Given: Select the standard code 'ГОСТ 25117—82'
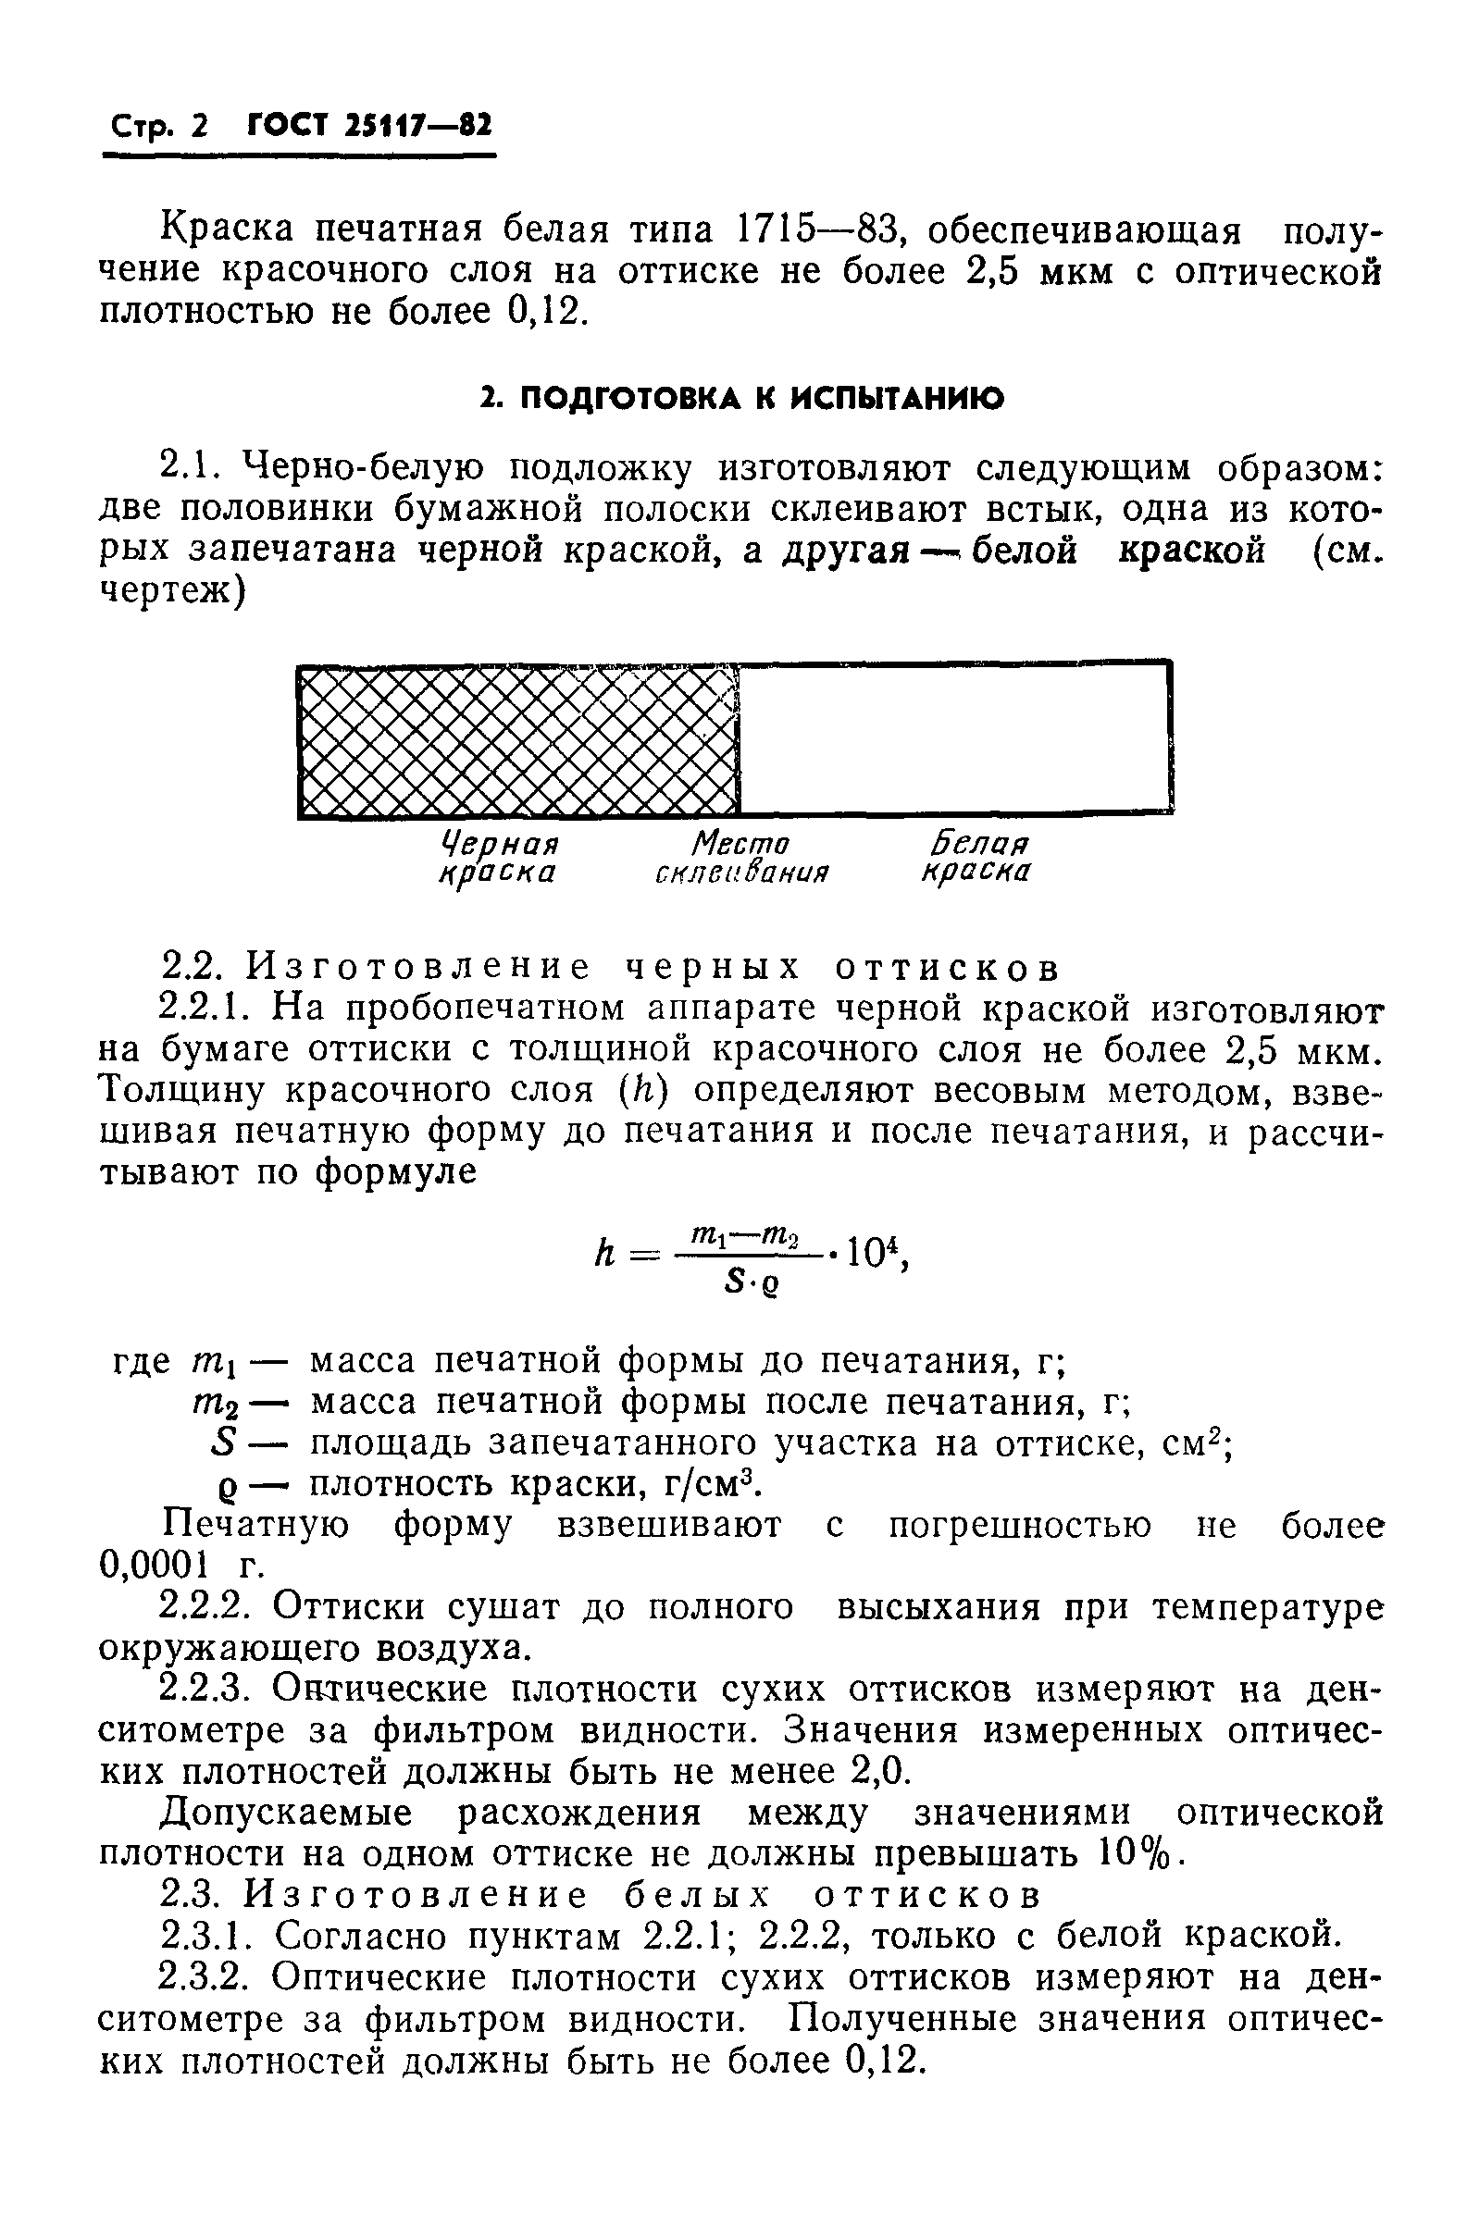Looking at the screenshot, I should point(369,126).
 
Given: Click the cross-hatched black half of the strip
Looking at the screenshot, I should point(517,739).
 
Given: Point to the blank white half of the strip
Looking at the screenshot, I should point(953,739).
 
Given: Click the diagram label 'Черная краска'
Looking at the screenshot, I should point(498,858).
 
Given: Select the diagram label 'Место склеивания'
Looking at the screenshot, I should point(741,858).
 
